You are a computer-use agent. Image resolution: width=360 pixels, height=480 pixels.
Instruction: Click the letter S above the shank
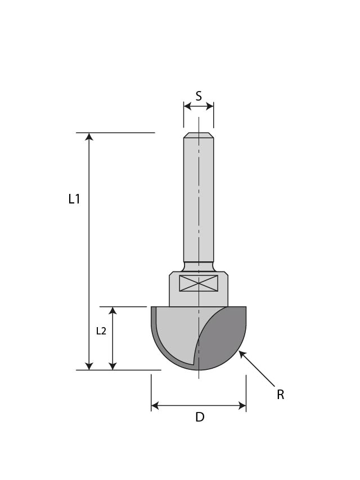click(199, 96)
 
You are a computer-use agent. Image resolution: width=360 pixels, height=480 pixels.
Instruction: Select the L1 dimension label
click(74, 199)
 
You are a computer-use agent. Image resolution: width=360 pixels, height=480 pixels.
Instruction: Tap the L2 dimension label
click(101, 331)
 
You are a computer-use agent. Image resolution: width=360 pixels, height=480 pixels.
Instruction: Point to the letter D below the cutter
click(200, 418)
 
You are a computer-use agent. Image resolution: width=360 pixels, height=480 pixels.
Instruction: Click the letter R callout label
click(280, 395)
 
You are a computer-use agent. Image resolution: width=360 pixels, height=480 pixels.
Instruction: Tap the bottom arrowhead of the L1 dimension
click(89, 366)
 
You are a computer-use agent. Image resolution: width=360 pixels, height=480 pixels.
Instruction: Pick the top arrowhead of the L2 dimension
click(112, 311)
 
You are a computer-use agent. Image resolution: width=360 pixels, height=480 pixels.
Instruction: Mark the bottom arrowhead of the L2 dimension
click(112, 366)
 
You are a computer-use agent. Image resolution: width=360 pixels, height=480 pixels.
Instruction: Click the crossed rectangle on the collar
click(199, 283)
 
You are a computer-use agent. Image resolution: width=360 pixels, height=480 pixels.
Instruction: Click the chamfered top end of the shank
click(199, 135)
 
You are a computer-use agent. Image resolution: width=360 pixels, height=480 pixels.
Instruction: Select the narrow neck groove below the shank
click(199, 265)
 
